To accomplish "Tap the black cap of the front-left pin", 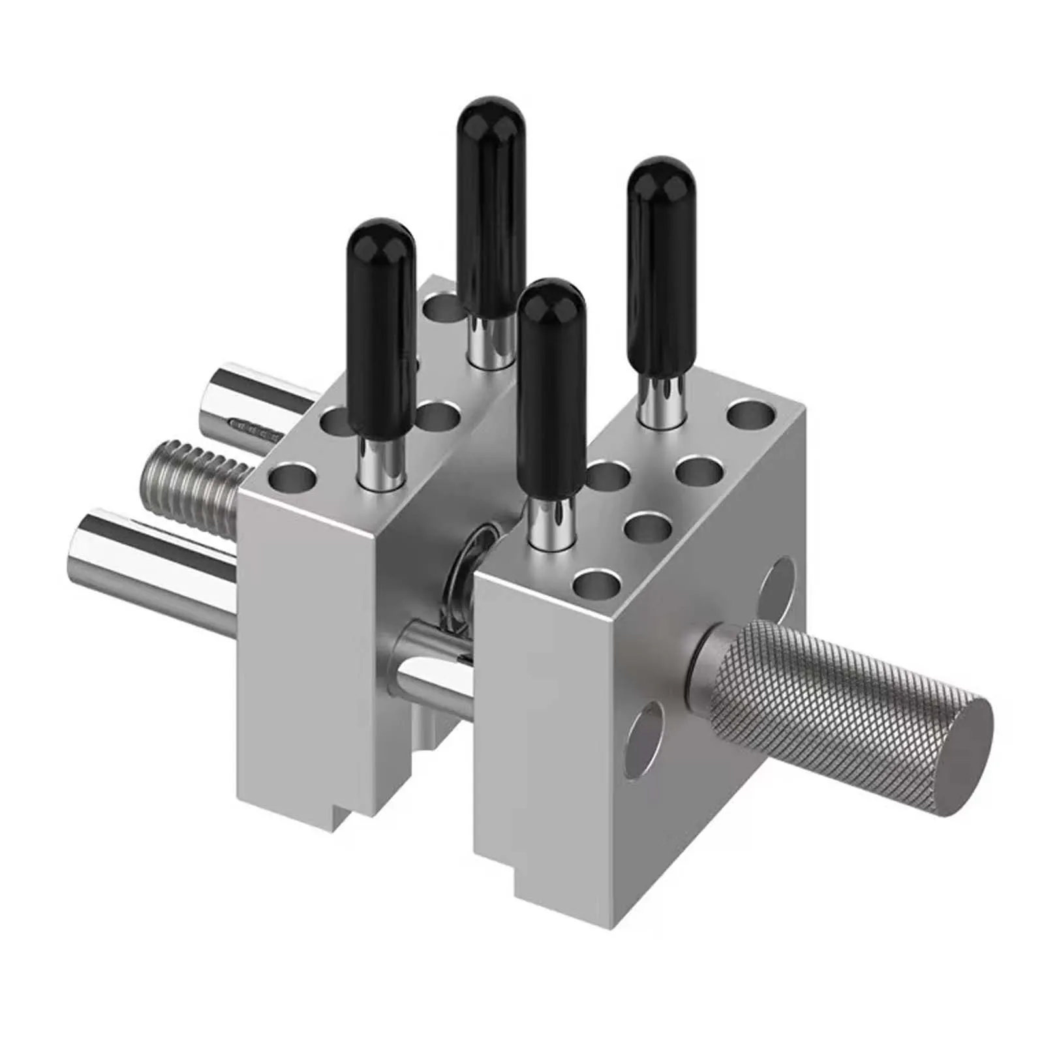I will click(x=382, y=326).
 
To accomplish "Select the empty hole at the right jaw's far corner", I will click(x=752, y=415).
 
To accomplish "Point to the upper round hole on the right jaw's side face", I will click(x=778, y=588).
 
